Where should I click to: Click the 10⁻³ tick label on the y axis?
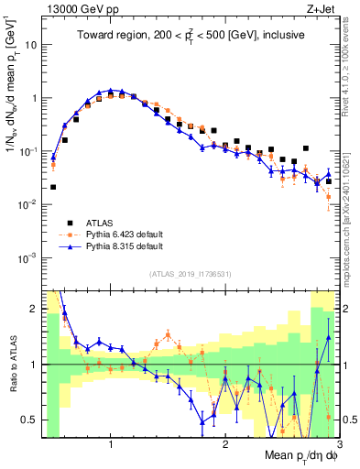(28, 257)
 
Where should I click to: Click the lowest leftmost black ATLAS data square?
(53, 187)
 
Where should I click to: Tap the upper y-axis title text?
(11, 92)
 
